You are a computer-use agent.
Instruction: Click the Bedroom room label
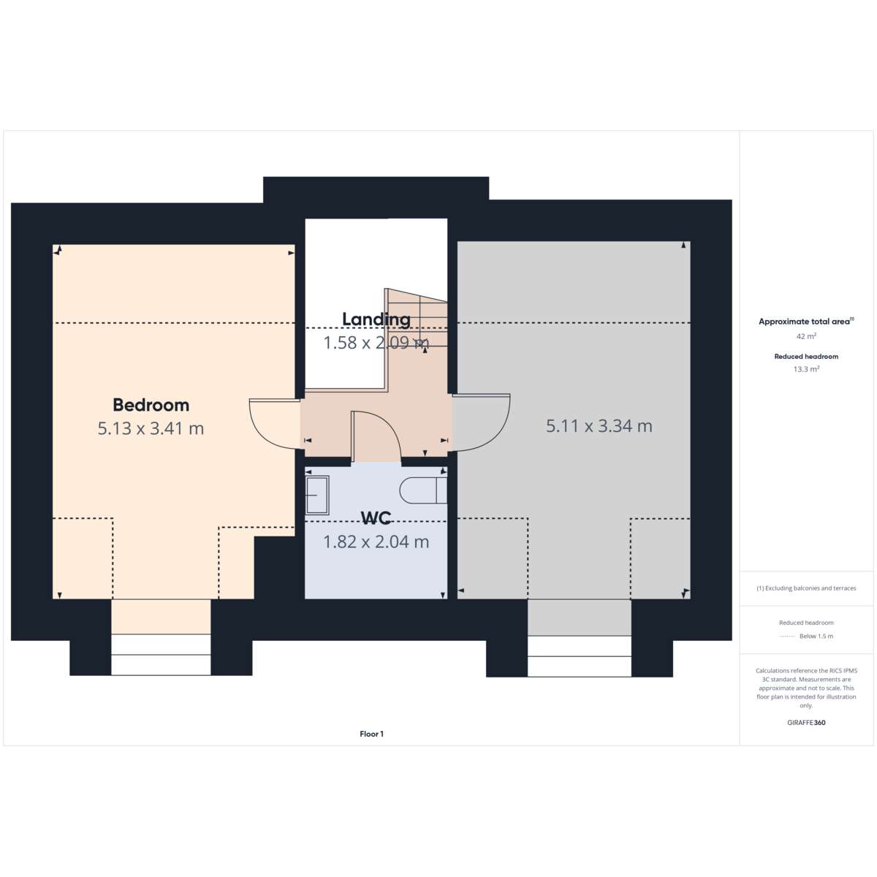point(151,405)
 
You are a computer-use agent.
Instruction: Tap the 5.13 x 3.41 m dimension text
point(151,428)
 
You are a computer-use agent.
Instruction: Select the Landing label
point(376,319)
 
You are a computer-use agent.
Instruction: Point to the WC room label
point(376,517)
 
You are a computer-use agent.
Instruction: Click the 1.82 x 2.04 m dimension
point(376,542)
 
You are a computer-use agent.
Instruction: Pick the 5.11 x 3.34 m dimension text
point(599,426)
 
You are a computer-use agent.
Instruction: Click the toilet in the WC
point(423,490)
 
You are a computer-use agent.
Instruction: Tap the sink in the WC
point(316,496)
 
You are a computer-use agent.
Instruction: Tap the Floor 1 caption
point(371,734)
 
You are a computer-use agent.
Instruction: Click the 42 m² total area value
point(806,336)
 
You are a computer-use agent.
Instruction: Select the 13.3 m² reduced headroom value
point(806,369)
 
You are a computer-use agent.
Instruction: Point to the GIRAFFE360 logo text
point(806,722)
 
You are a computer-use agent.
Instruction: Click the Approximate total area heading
point(806,322)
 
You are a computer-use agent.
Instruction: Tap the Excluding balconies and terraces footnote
point(806,588)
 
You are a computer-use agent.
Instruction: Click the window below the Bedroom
point(161,654)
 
